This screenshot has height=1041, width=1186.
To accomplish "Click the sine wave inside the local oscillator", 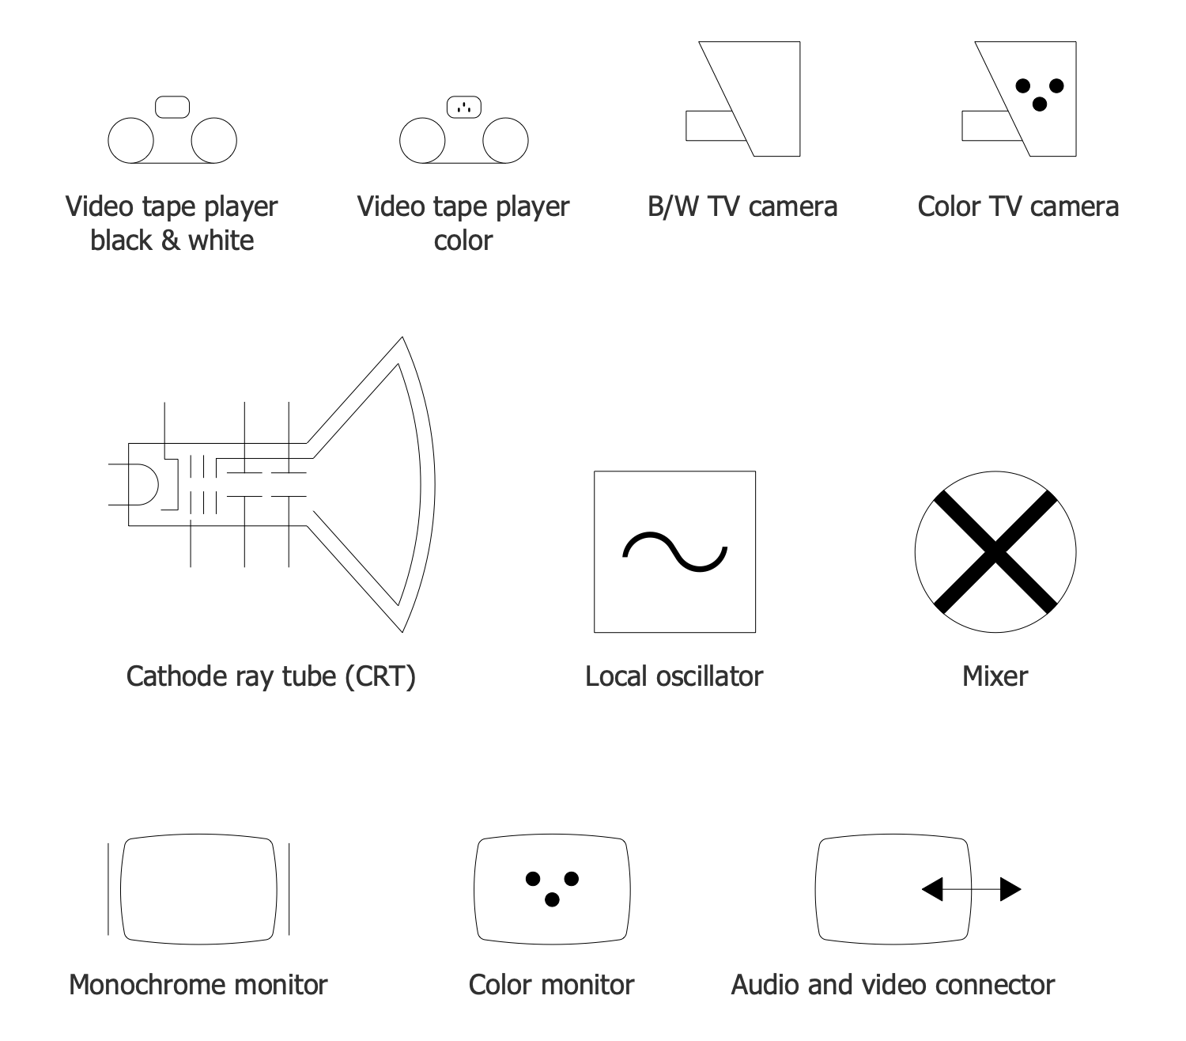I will (674, 551).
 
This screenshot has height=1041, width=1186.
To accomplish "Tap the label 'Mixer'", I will (995, 676).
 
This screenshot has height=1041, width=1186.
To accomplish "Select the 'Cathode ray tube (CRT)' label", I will (270, 676).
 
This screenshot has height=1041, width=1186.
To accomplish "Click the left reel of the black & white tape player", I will (130, 140).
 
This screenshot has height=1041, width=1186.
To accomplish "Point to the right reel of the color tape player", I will (505, 140).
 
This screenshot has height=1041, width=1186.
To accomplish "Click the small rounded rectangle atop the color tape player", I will (464, 107).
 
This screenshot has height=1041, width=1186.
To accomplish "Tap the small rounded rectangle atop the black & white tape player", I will (172, 107).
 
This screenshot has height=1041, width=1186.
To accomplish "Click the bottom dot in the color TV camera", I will (1040, 104).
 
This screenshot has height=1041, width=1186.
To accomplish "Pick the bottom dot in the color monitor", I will (552, 899).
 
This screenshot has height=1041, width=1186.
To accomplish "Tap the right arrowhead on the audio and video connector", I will (1010, 889).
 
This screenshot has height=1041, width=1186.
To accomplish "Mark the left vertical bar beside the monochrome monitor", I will (108, 888).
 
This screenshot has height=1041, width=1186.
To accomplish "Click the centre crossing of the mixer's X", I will (995, 551).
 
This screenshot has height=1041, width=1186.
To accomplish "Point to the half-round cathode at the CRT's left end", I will (147, 484).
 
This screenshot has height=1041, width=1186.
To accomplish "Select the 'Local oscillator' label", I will (674, 676).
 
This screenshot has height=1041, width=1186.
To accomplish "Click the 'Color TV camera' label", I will (1018, 206).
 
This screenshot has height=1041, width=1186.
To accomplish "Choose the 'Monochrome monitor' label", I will (198, 985).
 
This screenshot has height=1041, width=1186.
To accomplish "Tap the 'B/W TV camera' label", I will (742, 206).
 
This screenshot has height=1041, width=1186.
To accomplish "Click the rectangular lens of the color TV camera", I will (985, 126).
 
